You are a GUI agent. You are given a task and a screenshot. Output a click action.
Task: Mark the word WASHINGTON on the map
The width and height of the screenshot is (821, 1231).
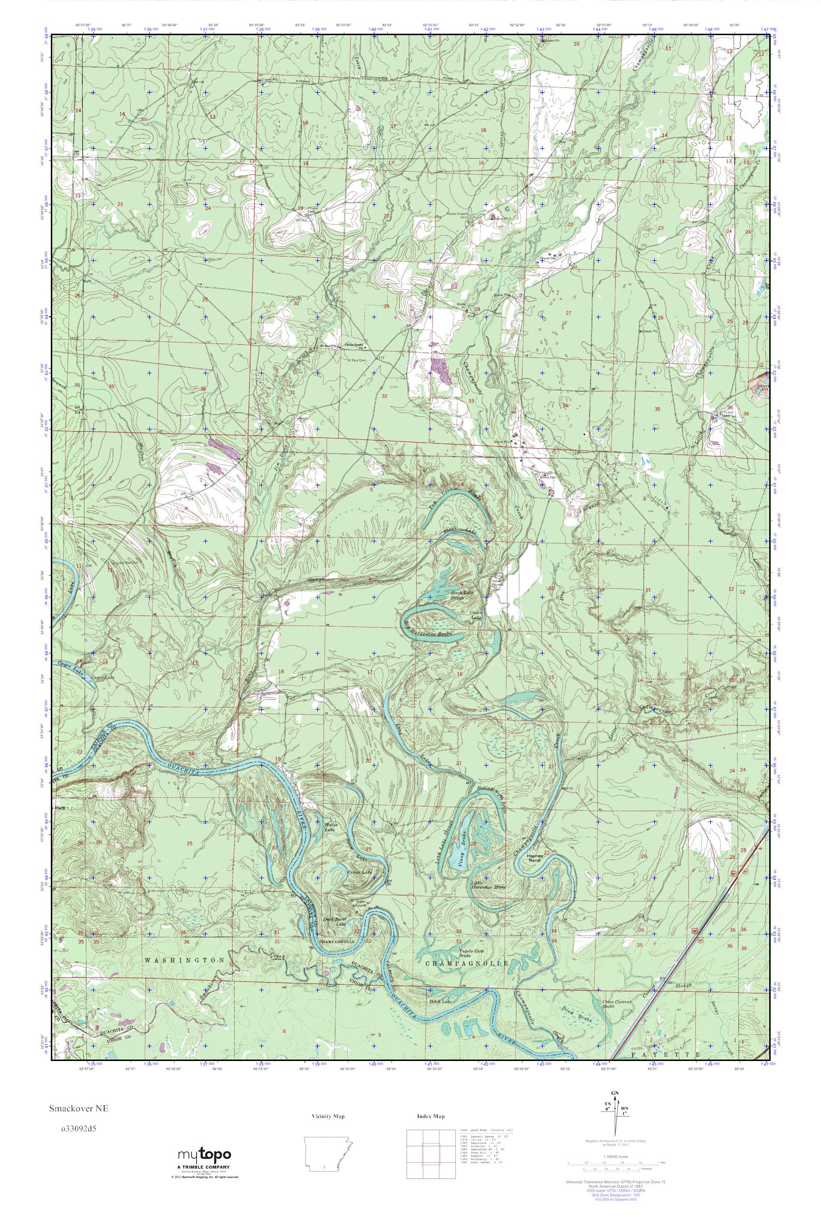coord(185,961)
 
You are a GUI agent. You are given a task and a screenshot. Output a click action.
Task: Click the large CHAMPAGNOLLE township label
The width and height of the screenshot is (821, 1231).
coord(466,964)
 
